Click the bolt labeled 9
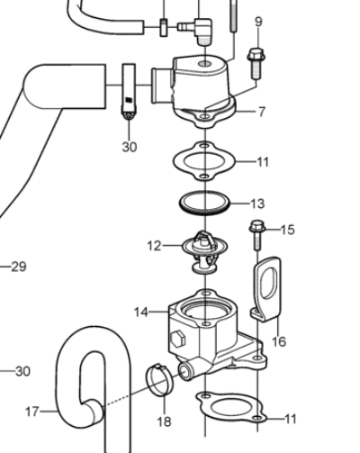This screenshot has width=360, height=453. pyautogui.click(x=256, y=64)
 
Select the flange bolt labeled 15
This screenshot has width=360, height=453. pyautogui.click(x=256, y=235)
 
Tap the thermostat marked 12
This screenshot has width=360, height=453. pyautogui.click(x=204, y=251)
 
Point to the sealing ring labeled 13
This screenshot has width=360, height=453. pyautogui.click(x=204, y=204)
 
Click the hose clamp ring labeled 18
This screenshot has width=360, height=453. pyautogui.click(x=159, y=380)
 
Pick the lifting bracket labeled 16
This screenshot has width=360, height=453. pyautogui.click(x=266, y=290)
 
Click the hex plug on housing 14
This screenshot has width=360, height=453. pyautogui.click(x=178, y=339)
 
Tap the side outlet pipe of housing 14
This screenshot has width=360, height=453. pyautogui.click(x=187, y=371)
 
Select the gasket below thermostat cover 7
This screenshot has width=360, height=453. pyautogui.click(x=204, y=161)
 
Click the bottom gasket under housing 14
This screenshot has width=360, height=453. pyautogui.click(x=231, y=407)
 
